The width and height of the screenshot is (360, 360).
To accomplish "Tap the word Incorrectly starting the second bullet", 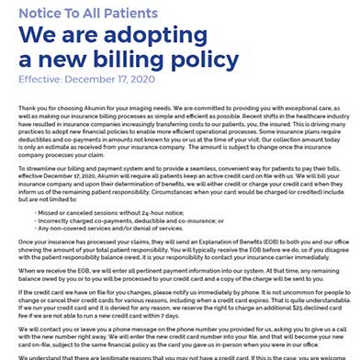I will click(55, 220).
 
